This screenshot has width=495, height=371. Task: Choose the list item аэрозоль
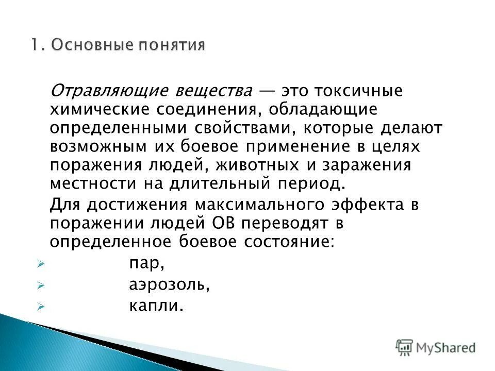pyautogui.click(x=169, y=285)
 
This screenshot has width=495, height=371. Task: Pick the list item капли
pyautogui.click(x=156, y=306)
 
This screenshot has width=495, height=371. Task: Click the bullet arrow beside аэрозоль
pyautogui.click(x=41, y=285)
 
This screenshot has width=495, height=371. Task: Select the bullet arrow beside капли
pyautogui.click(x=41, y=306)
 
